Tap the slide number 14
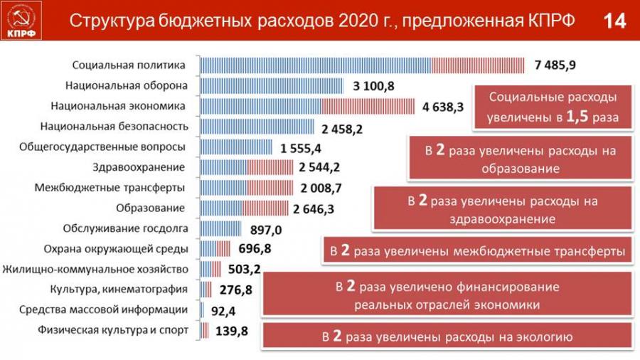point(614,21)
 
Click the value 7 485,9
point(555,65)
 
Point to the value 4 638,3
point(442,107)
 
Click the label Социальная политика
point(129,65)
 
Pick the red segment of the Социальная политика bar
point(477,65)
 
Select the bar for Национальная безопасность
point(257,127)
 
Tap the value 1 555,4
point(302,148)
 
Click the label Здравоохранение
point(139,168)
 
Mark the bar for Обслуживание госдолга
point(220,229)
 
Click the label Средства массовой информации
point(103,310)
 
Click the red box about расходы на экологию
point(447,336)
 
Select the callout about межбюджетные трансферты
point(477,251)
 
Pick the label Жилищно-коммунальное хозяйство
point(95,270)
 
